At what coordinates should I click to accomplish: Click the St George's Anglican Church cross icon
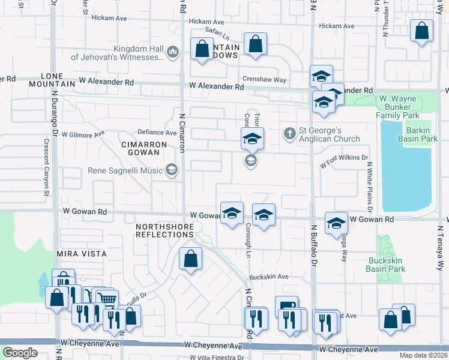click(290, 133)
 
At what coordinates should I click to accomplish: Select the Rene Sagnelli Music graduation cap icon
click(173, 171)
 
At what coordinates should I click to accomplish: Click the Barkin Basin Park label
click(417, 134)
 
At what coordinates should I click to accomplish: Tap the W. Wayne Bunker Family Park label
click(405, 106)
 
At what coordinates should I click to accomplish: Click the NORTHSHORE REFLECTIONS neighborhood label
click(165, 230)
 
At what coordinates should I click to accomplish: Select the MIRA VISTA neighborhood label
click(82, 254)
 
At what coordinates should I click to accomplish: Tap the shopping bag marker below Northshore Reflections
click(190, 259)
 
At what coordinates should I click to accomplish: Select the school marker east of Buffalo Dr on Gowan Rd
click(337, 224)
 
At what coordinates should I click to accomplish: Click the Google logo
click(20, 353)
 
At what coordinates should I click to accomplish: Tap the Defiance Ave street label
click(157, 132)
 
